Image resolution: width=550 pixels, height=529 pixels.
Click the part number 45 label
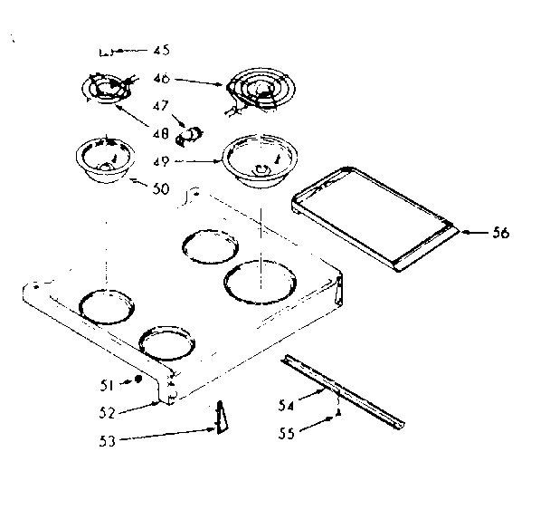click(x=161, y=50)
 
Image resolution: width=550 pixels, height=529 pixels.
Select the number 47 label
click(x=160, y=107)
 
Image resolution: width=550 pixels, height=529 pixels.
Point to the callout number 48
click(x=160, y=133)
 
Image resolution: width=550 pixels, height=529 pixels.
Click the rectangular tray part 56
click(x=373, y=216)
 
